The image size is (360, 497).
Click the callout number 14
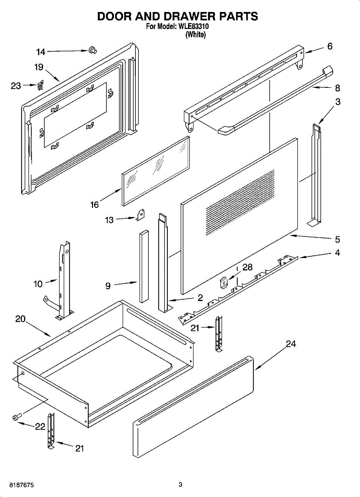click(x=41, y=52)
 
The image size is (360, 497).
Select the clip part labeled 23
click(x=41, y=85)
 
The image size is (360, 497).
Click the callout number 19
click(x=39, y=67)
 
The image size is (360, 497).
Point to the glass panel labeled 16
click(x=156, y=171)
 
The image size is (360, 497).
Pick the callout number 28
click(x=247, y=268)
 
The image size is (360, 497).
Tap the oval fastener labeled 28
click(x=224, y=282)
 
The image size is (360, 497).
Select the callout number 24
click(x=291, y=344)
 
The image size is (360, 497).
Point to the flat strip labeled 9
click(x=144, y=266)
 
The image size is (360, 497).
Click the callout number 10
click(x=38, y=284)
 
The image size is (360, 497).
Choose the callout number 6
click(x=330, y=46)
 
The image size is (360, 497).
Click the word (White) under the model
click(x=196, y=34)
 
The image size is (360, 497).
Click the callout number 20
click(x=20, y=319)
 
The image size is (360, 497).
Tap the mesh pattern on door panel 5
click(x=240, y=203)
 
